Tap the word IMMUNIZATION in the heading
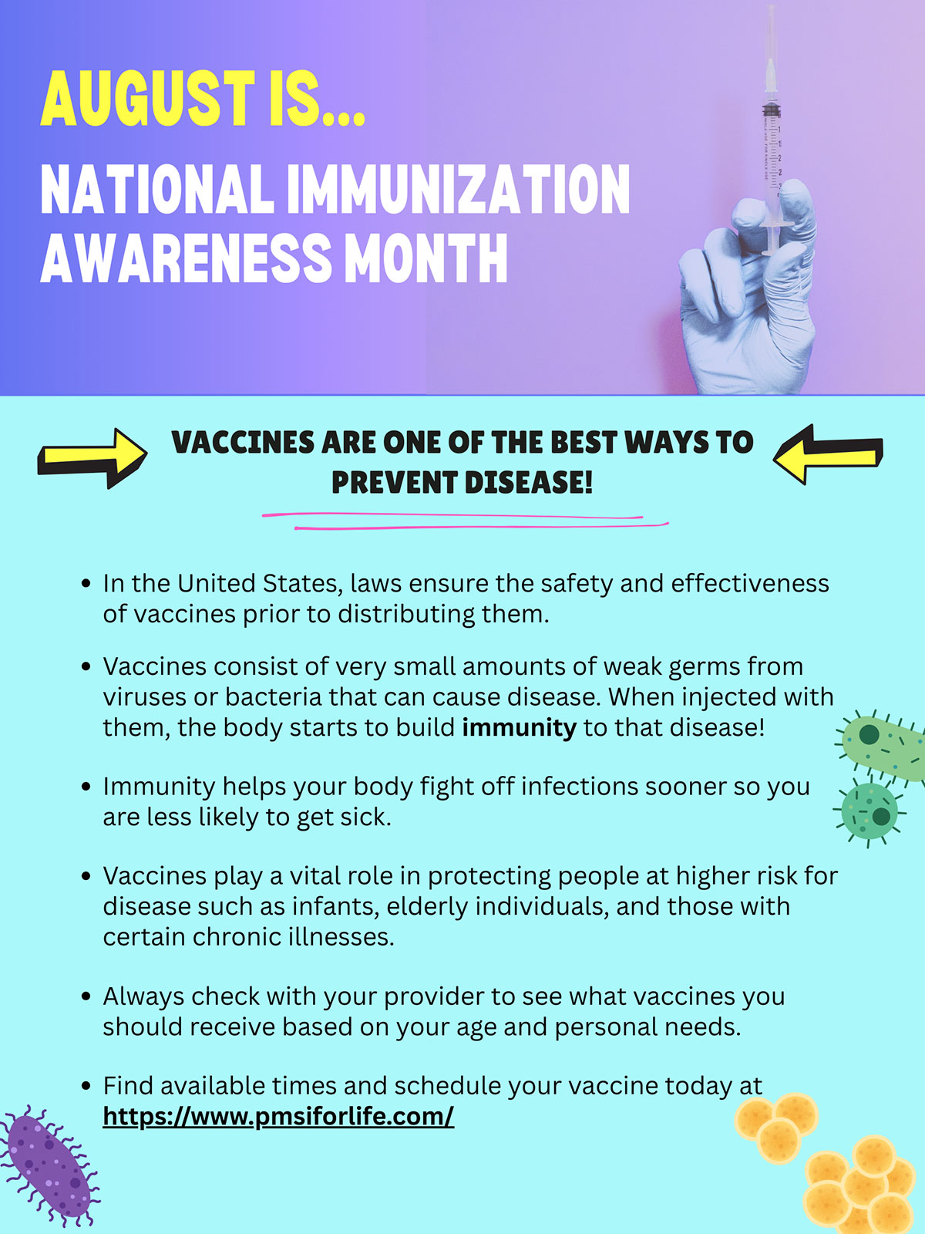pos(459,189)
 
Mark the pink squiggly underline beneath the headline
pos(465,521)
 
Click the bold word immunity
pos(519,728)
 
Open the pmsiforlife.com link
pos(278,1116)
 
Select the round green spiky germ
pos(869,811)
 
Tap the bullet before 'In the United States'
pos(86,584)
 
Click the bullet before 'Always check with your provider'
pos(86,996)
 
